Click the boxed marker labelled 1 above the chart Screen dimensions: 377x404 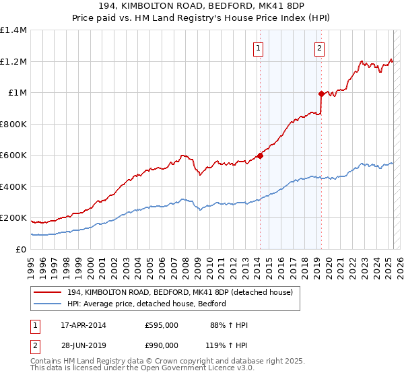click(259, 48)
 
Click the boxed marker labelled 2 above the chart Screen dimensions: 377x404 click(318, 48)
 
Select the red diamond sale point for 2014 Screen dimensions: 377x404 click(260, 156)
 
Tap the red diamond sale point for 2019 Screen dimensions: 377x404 click(322, 94)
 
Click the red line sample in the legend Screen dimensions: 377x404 click(48, 293)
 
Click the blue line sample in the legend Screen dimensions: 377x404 click(48, 304)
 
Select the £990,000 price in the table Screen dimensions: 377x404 click(162, 345)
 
